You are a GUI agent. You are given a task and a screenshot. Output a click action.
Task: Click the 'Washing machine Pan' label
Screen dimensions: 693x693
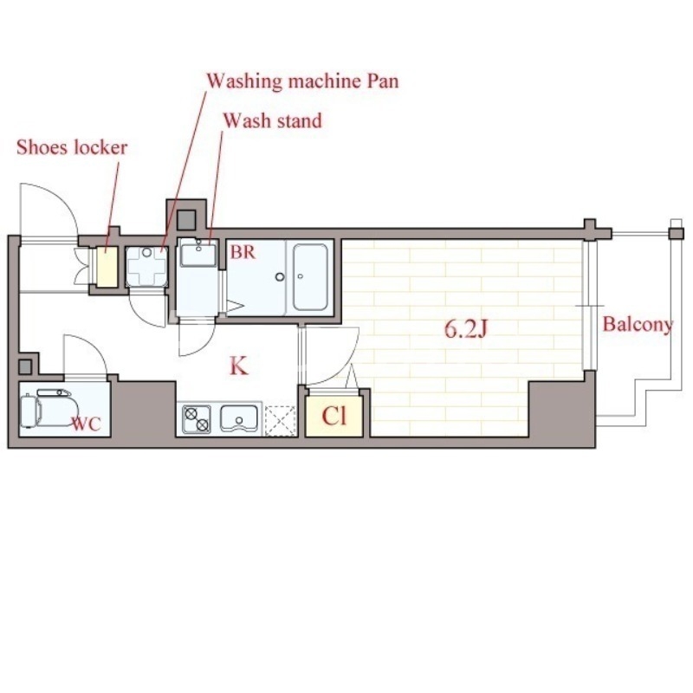point(302,81)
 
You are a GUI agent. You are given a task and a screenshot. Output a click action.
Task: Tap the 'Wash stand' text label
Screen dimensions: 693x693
point(272,120)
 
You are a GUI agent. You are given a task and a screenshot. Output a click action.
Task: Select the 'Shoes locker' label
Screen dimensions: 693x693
point(72,147)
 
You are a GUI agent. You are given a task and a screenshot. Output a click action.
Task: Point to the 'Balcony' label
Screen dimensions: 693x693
point(638,325)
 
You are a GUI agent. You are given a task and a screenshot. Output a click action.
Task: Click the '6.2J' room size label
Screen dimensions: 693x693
point(465,329)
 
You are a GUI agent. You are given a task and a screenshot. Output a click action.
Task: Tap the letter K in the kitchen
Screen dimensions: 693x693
point(239,366)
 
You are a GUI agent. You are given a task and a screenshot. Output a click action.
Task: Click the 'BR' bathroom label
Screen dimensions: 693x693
point(243,252)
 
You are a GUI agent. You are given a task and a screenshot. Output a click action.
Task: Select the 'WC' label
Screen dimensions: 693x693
point(87,424)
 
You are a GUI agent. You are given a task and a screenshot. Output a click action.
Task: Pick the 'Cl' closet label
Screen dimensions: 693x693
point(334,416)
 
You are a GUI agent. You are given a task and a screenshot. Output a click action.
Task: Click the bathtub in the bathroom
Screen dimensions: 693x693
point(310,277)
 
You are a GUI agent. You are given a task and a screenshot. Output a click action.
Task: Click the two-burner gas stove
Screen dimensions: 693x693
point(197,419)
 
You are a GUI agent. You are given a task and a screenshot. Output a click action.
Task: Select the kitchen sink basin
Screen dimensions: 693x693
point(239,418)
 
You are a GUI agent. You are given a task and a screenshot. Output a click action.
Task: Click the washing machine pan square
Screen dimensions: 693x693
point(146,267)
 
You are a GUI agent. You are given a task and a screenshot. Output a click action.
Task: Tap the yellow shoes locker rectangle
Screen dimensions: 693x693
point(107,267)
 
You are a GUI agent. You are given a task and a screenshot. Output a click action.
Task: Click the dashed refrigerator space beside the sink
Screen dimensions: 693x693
point(280,421)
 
